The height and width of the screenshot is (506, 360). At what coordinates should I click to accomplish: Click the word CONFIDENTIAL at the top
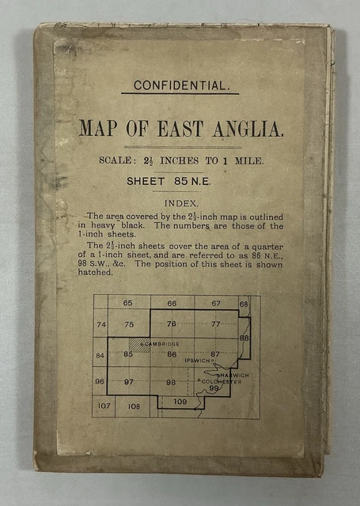(180, 85)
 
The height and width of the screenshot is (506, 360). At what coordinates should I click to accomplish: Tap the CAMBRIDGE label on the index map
(161, 344)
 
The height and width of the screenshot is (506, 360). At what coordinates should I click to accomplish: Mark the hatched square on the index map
(139, 345)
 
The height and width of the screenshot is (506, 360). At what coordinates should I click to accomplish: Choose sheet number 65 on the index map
(127, 304)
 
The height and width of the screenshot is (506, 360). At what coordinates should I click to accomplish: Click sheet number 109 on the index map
(180, 402)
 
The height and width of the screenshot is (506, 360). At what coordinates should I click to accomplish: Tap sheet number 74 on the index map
(100, 325)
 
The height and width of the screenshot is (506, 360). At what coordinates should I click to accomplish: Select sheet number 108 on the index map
(133, 407)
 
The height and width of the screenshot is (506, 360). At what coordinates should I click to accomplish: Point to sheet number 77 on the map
(215, 325)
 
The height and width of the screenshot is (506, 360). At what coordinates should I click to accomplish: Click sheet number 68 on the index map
(244, 304)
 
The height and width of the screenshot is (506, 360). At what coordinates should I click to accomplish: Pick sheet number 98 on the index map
(170, 382)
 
